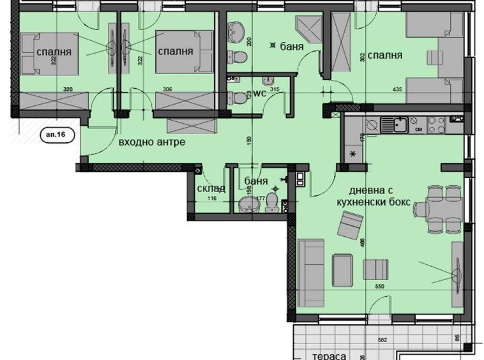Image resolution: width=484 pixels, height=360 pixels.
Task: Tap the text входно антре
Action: point(152,142)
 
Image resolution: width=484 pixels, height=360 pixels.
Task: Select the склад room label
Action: point(211,188)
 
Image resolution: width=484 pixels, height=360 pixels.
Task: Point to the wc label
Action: point(259,93)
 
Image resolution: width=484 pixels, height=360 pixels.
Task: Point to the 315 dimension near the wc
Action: point(275,90)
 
